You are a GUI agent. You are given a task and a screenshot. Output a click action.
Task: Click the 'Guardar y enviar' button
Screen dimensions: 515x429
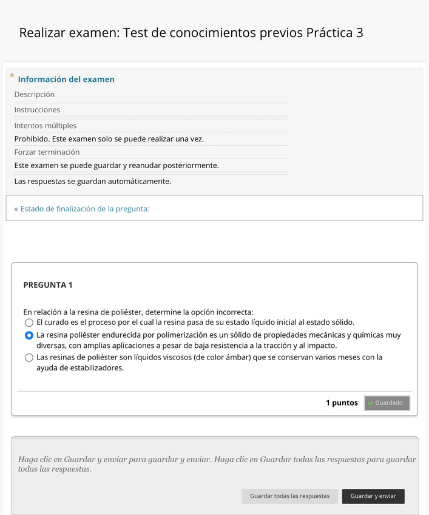click(x=373, y=496)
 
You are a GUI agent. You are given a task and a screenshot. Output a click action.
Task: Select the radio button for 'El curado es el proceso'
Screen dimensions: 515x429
click(x=29, y=322)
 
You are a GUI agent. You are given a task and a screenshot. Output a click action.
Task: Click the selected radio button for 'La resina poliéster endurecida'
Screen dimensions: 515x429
click(x=29, y=335)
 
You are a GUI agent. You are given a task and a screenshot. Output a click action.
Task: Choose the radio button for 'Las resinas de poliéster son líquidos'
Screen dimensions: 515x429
click(x=29, y=358)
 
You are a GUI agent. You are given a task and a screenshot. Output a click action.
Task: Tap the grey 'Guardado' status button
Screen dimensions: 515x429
click(x=387, y=403)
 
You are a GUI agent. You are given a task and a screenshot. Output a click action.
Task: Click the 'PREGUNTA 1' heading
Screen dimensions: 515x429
click(x=48, y=285)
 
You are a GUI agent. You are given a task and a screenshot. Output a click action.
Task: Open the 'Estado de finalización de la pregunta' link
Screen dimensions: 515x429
click(x=84, y=209)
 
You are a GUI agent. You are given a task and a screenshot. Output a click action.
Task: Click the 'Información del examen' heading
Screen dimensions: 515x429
click(x=66, y=80)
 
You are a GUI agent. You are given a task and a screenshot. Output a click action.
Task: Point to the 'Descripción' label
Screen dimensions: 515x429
click(x=35, y=95)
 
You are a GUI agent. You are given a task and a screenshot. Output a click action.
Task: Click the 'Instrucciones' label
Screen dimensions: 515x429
click(x=37, y=110)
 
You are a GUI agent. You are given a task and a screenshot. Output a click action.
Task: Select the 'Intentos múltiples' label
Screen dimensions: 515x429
click(x=46, y=126)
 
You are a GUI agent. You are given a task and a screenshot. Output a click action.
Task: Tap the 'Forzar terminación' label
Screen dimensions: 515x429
click(x=47, y=152)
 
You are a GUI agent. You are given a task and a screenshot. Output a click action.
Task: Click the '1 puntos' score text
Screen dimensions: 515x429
click(x=342, y=403)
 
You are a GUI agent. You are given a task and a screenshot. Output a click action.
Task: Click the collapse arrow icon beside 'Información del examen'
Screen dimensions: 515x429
click(x=12, y=75)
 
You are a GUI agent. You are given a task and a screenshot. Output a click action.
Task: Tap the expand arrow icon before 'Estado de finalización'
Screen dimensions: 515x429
click(x=16, y=210)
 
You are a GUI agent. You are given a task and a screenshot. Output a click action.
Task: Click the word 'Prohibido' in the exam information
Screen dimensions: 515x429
click(x=32, y=139)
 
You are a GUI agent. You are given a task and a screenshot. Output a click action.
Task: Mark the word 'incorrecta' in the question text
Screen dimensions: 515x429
click(x=234, y=312)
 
